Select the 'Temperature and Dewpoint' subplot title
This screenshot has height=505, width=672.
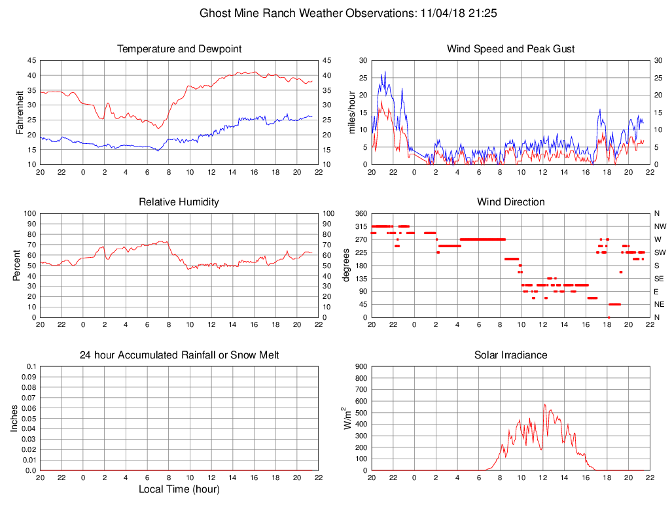pos(179,49)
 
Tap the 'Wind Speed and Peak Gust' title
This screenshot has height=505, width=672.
pos(510,49)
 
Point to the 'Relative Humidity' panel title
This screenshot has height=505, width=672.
pos(179,202)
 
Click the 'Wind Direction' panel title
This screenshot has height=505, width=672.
pos(510,202)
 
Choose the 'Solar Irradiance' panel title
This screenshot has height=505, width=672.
pos(510,355)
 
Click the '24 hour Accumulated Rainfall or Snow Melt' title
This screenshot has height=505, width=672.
pos(179,355)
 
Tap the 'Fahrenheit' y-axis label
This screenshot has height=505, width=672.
pos(20,112)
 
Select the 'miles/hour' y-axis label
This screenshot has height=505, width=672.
pos(351,112)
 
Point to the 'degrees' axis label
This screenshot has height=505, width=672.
pos(346,265)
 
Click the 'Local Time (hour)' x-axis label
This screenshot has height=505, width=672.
pos(179,489)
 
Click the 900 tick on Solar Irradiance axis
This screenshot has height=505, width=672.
pos(361,367)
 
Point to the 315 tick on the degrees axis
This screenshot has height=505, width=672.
pos(361,226)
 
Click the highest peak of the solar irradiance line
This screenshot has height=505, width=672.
pos(544,404)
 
